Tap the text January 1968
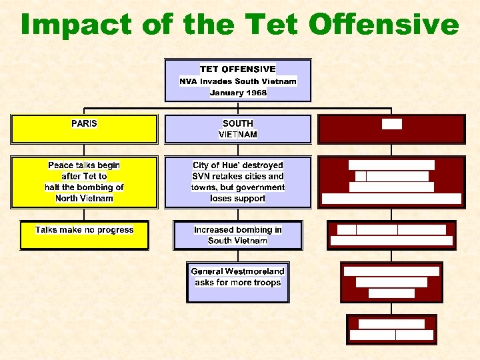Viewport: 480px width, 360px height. (238, 93)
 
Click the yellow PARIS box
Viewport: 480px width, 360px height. (84, 129)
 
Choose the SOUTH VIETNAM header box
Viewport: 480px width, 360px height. (238, 129)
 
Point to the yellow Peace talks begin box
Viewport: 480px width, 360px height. (84, 181)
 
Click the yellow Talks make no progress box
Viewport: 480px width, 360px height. (84, 235)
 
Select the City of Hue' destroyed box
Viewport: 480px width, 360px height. (238, 181)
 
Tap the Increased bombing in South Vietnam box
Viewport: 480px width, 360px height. (238, 235)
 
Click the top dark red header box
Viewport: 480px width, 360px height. (391, 129)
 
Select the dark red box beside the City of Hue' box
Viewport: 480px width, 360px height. (391, 181)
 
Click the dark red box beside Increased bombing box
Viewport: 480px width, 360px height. (391, 235)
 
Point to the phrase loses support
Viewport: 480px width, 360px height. (238, 199)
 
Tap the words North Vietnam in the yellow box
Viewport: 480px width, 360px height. (84, 199)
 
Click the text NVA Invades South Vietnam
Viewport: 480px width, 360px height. (238, 81)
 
